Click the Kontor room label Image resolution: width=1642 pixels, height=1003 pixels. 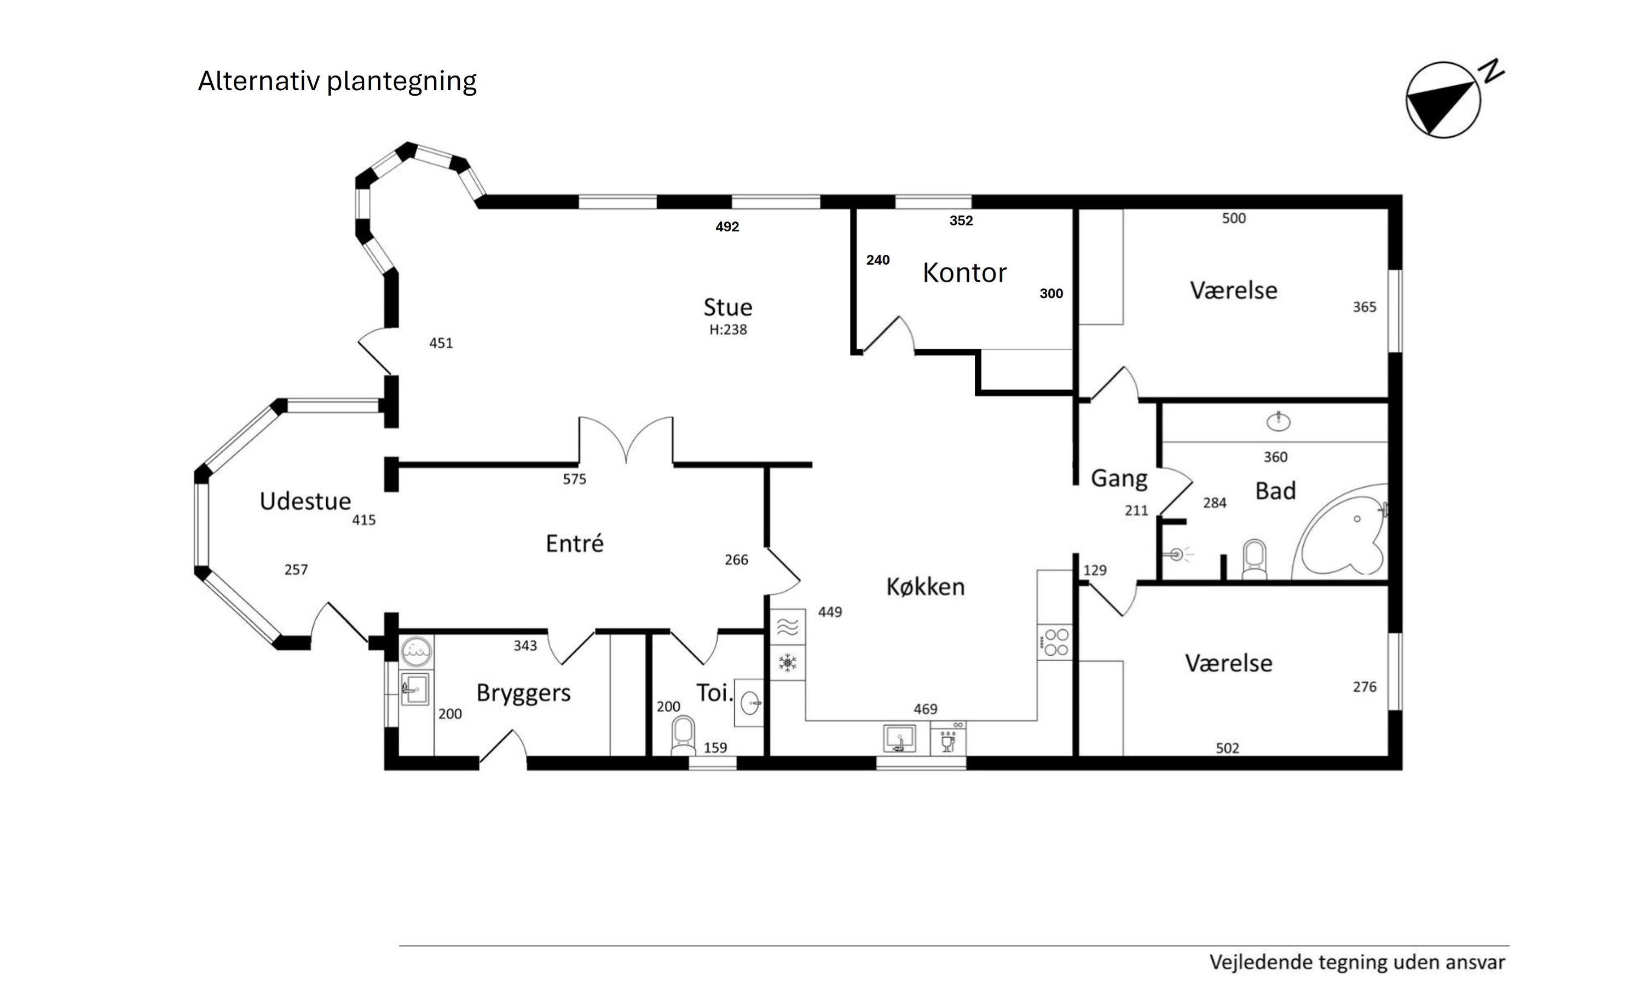point(964,273)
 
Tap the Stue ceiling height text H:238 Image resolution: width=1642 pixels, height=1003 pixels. point(728,330)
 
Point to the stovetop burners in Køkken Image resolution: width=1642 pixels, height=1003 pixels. point(1056,642)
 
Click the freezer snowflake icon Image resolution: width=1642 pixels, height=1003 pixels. point(788,663)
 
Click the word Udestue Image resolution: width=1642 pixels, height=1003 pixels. point(305,501)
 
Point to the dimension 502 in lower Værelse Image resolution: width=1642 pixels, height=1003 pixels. point(1227,749)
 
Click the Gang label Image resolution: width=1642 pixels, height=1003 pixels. point(1119,478)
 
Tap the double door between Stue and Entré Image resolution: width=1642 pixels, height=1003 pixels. point(626,440)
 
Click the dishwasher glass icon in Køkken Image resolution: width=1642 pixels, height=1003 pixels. point(947,740)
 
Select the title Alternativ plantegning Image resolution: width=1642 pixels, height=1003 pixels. point(337,81)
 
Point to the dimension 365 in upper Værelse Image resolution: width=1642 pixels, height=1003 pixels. point(1364,307)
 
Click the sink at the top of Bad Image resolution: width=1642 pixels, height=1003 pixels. point(1277,422)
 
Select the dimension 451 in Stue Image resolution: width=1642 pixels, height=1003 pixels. point(441,343)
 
